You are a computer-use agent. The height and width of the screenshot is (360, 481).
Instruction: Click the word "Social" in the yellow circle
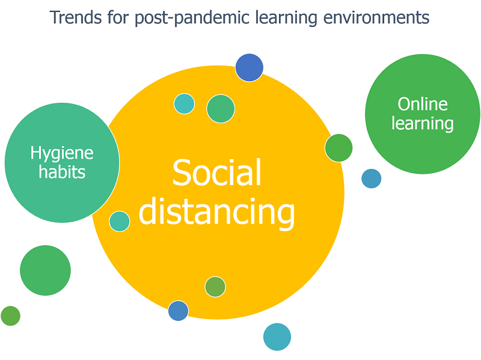pyautogui.click(x=216, y=173)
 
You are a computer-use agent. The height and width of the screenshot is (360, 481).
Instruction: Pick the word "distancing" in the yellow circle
pyautogui.click(x=216, y=212)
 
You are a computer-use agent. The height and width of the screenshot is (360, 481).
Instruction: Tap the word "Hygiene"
pyautogui.click(x=62, y=153)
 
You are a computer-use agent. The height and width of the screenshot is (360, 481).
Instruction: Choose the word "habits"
pyautogui.click(x=62, y=172)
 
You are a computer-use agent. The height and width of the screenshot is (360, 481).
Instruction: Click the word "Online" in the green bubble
pyautogui.click(x=423, y=104)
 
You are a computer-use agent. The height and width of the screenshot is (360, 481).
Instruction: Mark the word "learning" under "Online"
pyautogui.click(x=423, y=124)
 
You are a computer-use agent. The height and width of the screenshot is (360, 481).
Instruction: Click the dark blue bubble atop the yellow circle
pyautogui.click(x=249, y=67)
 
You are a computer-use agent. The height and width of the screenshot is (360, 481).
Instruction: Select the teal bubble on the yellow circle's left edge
pyautogui.click(x=120, y=221)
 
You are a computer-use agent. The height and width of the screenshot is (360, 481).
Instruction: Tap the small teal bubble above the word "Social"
pyautogui.click(x=185, y=103)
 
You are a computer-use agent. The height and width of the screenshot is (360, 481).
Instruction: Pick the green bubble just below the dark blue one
pyautogui.click(x=221, y=109)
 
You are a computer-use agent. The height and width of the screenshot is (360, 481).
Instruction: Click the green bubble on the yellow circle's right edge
pyautogui.click(x=339, y=148)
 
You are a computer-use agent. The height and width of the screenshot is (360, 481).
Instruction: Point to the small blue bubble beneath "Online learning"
pyautogui.click(x=371, y=178)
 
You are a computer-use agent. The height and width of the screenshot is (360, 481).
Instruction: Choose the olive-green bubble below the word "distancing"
pyautogui.click(x=215, y=287)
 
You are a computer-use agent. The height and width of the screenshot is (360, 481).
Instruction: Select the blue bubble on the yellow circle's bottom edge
pyautogui.click(x=178, y=311)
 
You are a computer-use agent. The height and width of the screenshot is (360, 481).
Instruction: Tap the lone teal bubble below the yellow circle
pyautogui.click(x=277, y=337)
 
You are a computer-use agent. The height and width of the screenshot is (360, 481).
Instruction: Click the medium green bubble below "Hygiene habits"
pyautogui.click(x=45, y=270)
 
